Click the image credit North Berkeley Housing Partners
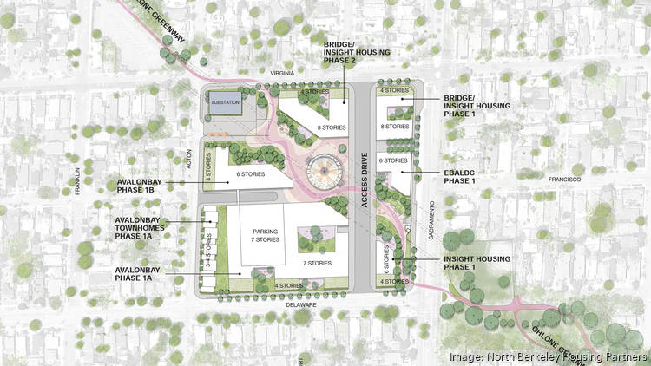tap(548, 356)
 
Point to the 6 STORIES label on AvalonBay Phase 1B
tap(252, 174)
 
